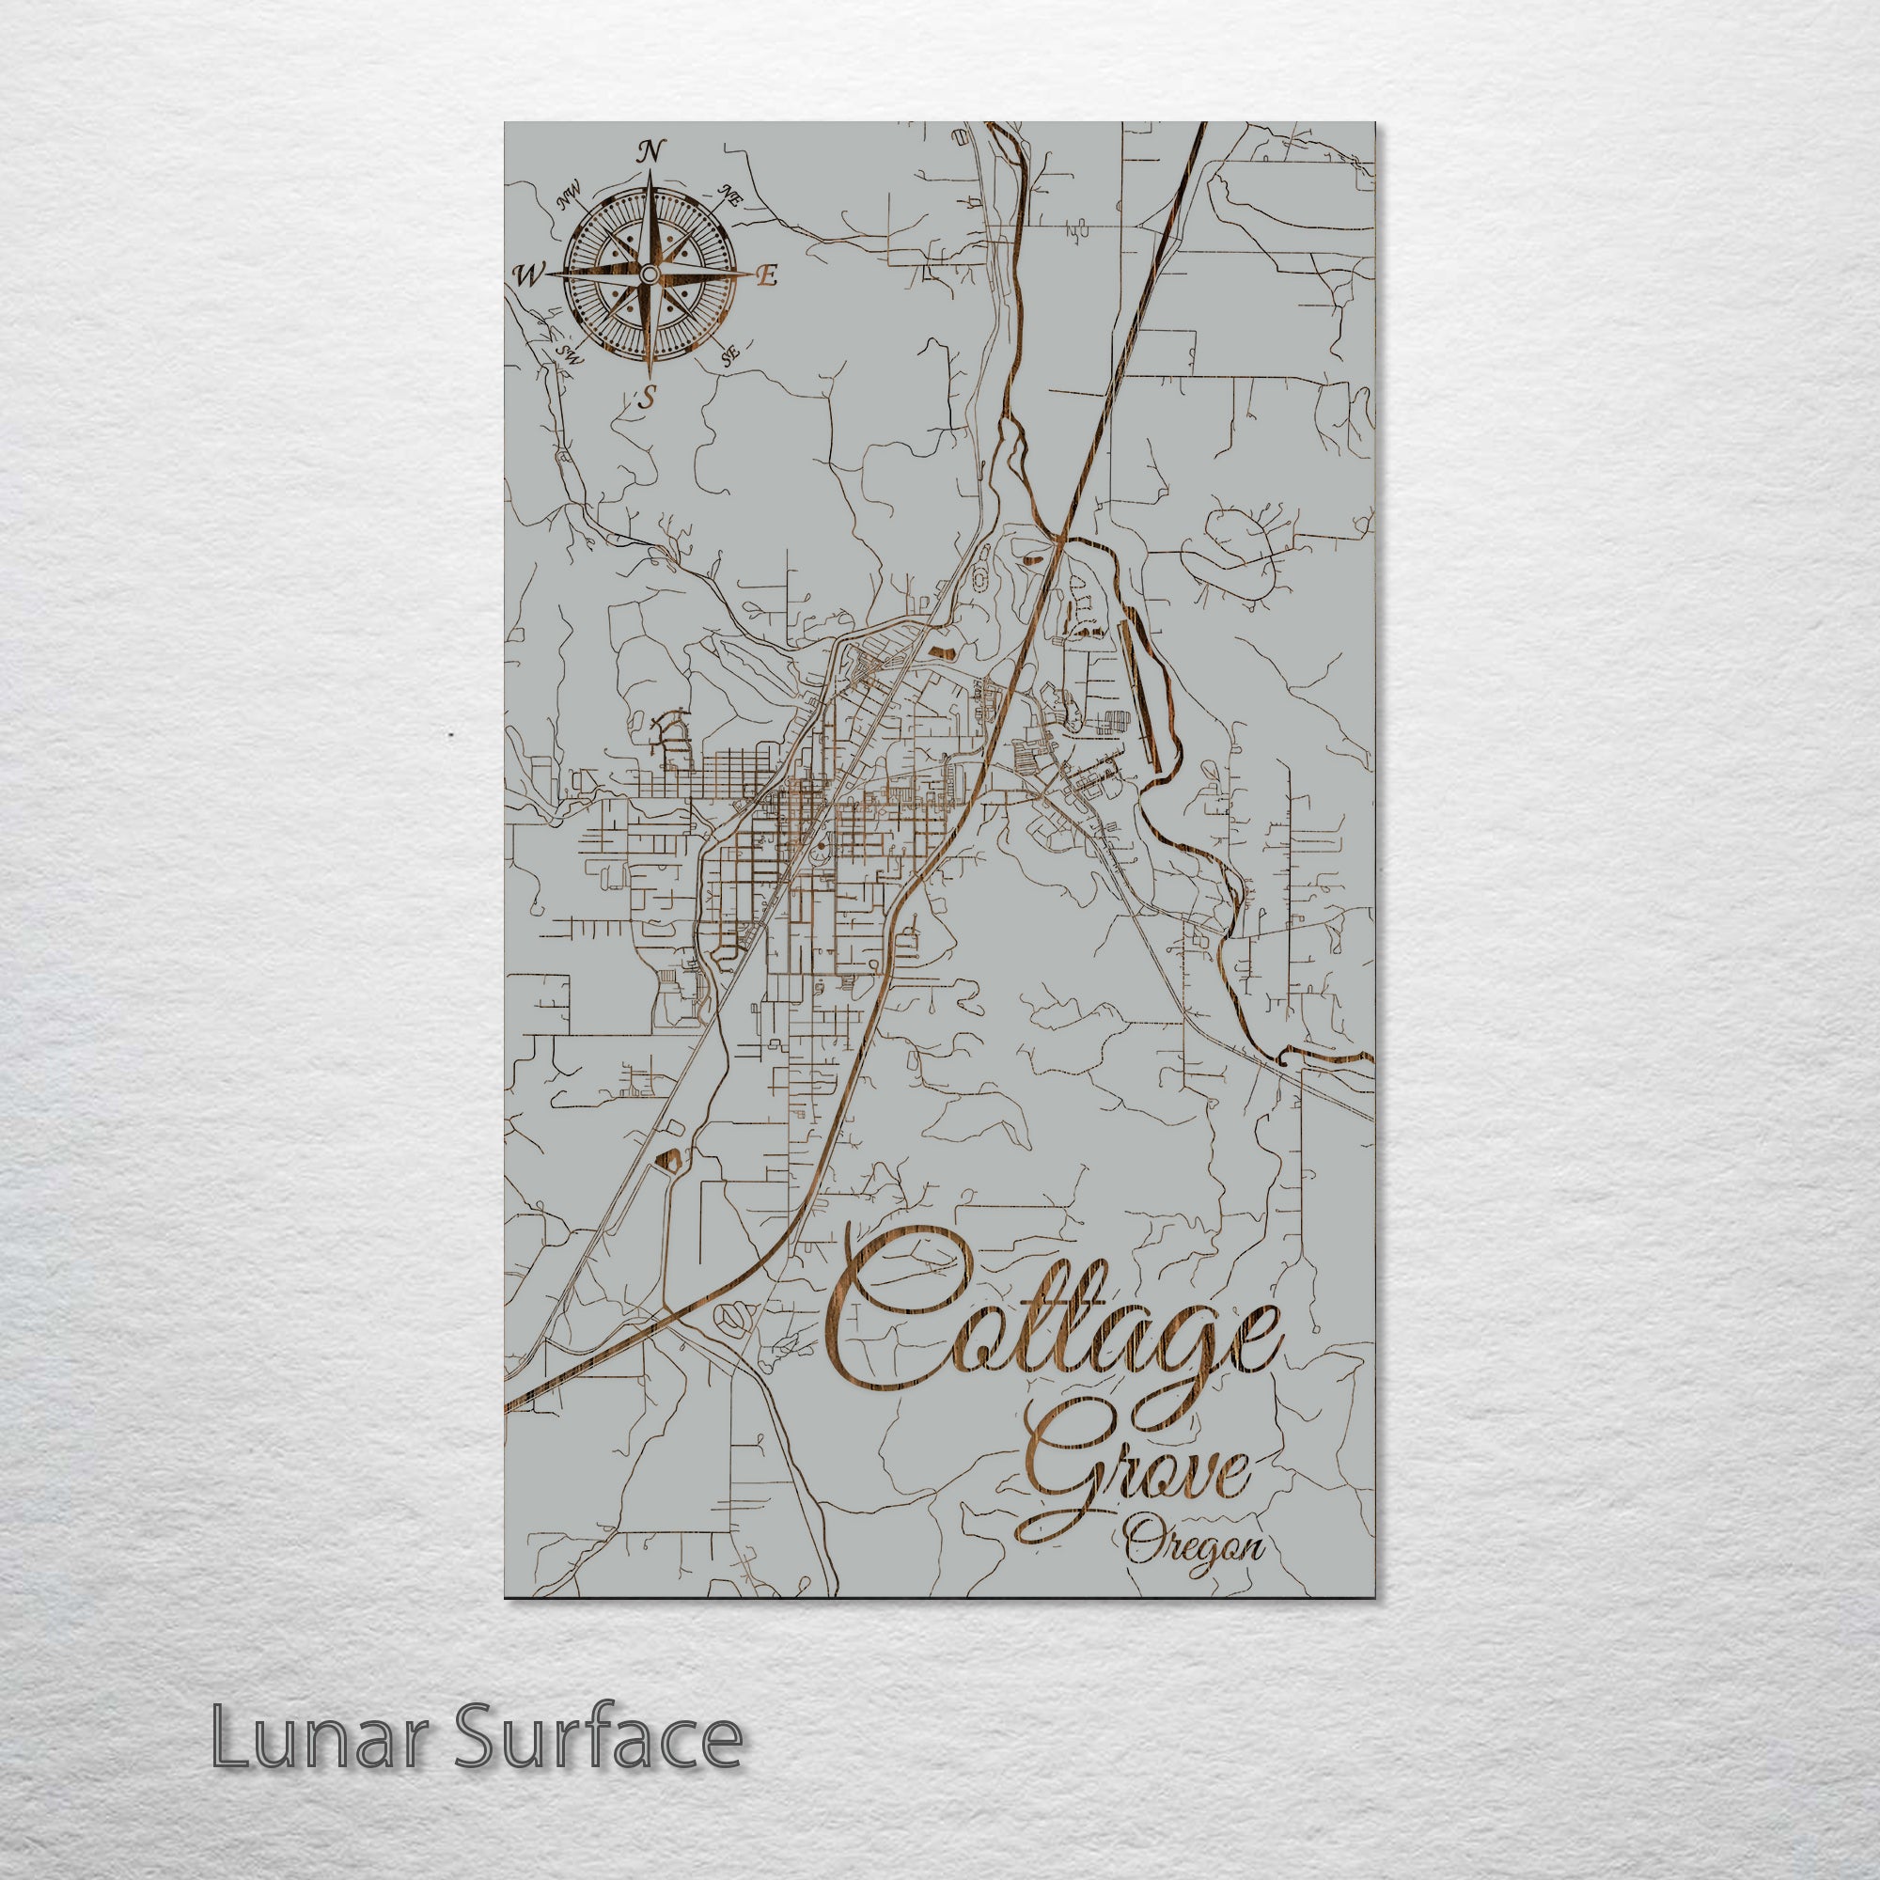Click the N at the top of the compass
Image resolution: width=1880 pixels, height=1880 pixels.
point(651,150)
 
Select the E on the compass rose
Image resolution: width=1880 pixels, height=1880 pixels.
point(767,276)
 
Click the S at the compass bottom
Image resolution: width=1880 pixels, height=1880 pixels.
point(646,397)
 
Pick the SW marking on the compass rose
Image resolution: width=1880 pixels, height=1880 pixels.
point(570,355)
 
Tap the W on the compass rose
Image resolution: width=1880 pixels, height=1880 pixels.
point(528,276)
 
